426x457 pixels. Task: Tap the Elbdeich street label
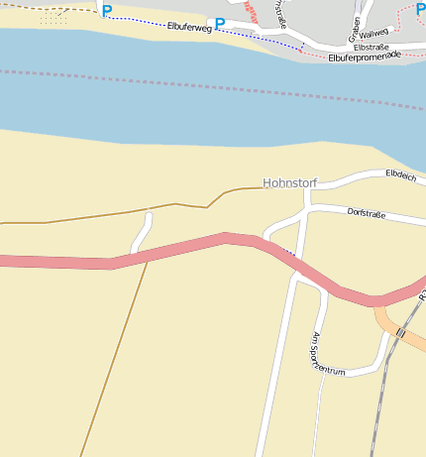coord(400,175)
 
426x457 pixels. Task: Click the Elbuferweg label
coord(189,27)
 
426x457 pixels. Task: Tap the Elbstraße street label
coord(370,47)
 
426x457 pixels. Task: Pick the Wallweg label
coord(373,33)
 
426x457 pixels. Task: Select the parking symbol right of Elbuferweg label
coord(220,24)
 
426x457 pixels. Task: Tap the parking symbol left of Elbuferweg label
coord(107,11)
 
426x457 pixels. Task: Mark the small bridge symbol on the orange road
coord(400,333)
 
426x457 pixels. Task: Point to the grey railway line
coord(380,397)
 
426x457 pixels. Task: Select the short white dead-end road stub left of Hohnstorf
coord(142,231)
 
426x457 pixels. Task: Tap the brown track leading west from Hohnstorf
coord(99,215)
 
